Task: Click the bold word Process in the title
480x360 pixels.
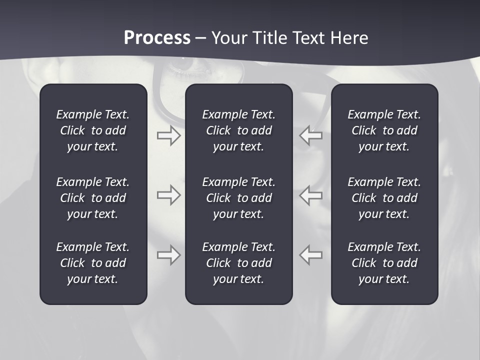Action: [x=157, y=38]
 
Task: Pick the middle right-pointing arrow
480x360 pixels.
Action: [x=168, y=195]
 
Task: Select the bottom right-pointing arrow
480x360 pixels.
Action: [x=168, y=255]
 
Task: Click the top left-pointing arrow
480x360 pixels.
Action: [x=311, y=135]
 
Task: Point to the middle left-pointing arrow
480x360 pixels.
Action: [x=311, y=195]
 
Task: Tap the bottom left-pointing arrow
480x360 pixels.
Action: [x=311, y=255]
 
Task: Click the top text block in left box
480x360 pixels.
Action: [x=93, y=130]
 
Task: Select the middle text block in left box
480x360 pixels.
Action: [x=93, y=198]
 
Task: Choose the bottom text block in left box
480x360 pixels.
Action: [x=93, y=263]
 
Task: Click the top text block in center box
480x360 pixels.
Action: [x=238, y=130]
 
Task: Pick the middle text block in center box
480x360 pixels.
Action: [x=238, y=198]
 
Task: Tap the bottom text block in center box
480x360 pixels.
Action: [x=238, y=263]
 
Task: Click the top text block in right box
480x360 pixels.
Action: [x=384, y=130]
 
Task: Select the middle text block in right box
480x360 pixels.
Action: [x=384, y=198]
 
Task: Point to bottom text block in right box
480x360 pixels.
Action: [x=384, y=263]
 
